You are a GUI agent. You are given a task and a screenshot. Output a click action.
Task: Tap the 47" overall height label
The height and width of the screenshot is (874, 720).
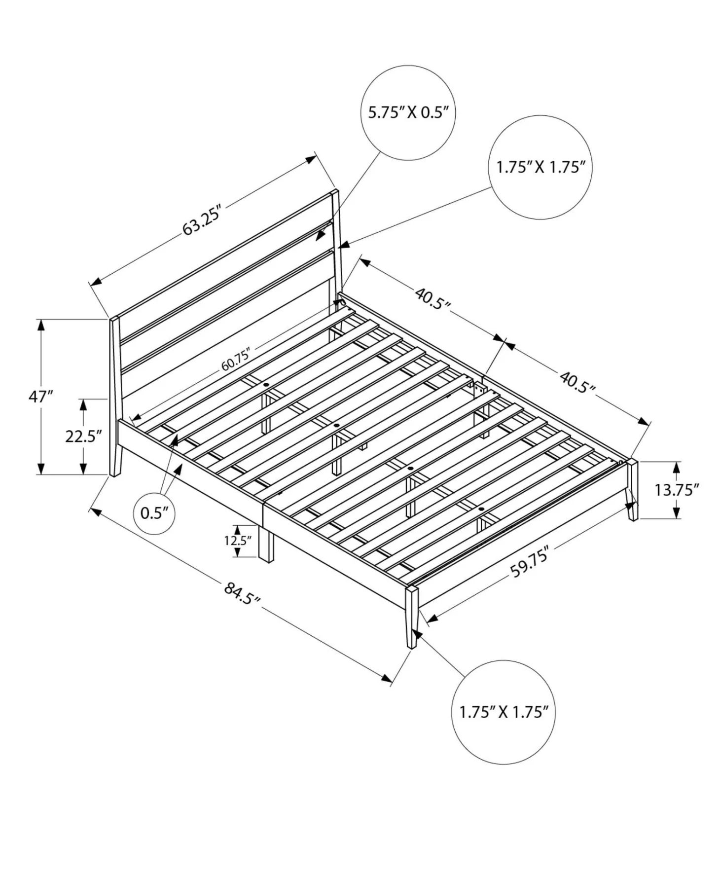pos(40,396)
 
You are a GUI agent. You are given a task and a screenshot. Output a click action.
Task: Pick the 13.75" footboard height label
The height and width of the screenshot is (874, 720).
pos(677,490)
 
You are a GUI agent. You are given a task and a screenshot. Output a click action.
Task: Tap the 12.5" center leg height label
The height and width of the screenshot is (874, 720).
pos(238,540)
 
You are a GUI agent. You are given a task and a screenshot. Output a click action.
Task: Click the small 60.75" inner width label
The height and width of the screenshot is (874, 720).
pos(236,359)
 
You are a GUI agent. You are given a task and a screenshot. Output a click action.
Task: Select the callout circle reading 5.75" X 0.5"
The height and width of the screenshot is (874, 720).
pos(408,112)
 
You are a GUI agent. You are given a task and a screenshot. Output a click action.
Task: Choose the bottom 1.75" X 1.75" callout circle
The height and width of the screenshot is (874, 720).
pos(503,712)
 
